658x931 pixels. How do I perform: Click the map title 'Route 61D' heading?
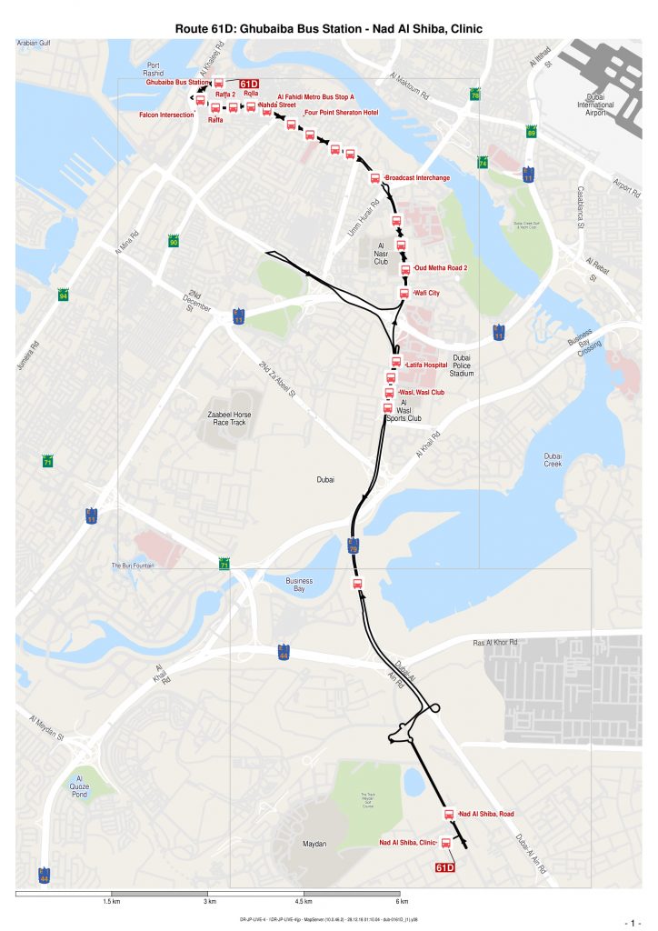click(x=328, y=29)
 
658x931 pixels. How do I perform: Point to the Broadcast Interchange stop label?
click(x=417, y=178)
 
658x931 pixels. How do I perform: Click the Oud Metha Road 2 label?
click(x=441, y=268)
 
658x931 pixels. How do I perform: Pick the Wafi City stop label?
click(x=426, y=294)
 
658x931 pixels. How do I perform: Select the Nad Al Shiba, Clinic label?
click(x=408, y=843)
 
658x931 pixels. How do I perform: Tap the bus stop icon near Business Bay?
click(x=357, y=584)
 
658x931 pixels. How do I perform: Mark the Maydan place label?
click(x=314, y=845)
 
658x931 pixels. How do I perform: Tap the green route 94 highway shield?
click(x=63, y=296)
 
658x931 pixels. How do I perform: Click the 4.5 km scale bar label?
click(x=304, y=901)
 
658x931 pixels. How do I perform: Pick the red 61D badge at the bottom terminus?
click(x=445, y=867)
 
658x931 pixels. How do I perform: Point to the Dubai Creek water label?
click(x=553, y=460)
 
